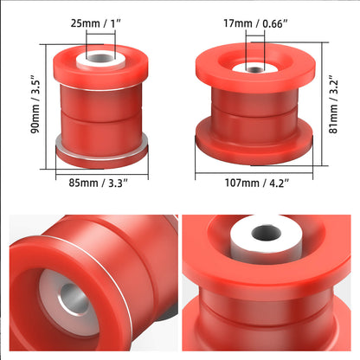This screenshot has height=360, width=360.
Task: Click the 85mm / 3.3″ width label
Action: click(101, 183)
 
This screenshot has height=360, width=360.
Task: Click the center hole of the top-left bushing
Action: click(100, 61)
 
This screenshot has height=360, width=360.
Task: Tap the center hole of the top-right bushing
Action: click(256, 65)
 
